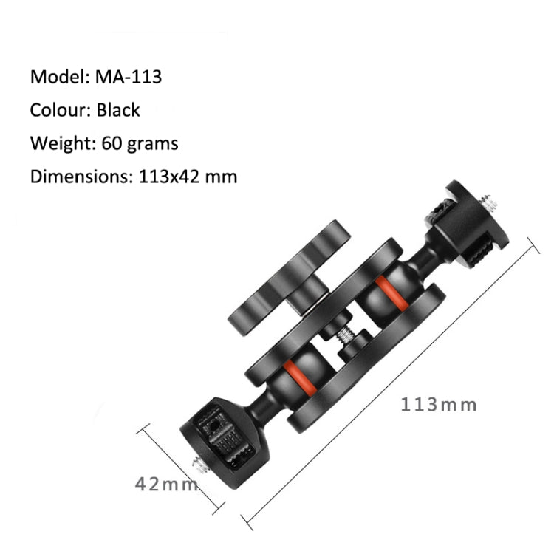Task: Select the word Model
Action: [x=58, y=76]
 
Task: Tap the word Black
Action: [x=117, y=110]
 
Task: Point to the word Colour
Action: [x=60, y=110]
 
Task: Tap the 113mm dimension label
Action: [x=439, y=405]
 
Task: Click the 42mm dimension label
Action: [x=165, y=485]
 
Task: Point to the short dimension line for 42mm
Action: [x=181, y=469]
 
